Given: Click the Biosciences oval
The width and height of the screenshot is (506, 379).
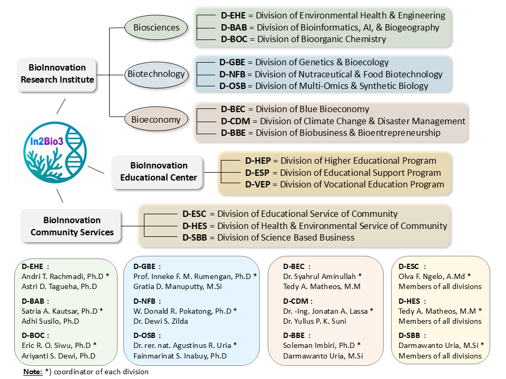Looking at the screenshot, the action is (x=156, y=27).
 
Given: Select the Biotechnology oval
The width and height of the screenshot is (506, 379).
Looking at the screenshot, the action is (x=156, y=74).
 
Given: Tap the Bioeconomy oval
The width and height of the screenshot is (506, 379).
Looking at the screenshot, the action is (x=156, y=119).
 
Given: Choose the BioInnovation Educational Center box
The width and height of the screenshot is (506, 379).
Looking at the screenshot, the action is (x=158, y=172).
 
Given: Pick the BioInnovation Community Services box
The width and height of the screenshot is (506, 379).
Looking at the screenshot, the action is (x=71, y=226).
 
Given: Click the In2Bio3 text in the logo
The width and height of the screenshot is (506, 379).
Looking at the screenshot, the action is (x=46, y=141).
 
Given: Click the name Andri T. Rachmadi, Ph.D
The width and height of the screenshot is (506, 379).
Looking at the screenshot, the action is (x=63, y=276).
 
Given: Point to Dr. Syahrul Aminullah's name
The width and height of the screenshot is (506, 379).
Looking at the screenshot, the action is (x=319, y=276).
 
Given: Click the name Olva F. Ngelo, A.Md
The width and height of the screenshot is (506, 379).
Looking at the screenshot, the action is (x=432, y=276).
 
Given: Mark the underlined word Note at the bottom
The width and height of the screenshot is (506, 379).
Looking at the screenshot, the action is (x=33, y=372).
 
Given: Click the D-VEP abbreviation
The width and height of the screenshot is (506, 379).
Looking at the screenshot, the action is (x=258, y=184).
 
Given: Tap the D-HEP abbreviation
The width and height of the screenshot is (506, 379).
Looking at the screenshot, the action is (x=258, y=161).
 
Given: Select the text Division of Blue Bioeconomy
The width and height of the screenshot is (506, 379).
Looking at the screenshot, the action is (x=313, y=109).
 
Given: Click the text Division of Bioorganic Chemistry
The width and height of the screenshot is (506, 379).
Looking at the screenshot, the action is (x=322, y=39).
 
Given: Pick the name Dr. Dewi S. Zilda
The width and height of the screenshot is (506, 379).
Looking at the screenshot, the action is (x=161, y=321).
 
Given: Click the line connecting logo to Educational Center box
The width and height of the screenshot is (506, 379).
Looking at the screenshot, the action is (x=96, y=170).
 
